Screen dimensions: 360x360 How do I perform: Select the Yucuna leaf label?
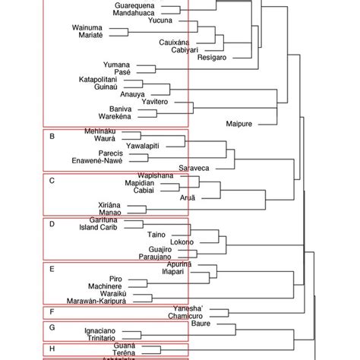(160, 21)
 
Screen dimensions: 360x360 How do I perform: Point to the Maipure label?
(242, 123)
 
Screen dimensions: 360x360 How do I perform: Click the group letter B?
(51, 137)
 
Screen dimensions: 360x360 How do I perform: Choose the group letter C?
(51, 181)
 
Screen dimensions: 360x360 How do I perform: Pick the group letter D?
(51, 225)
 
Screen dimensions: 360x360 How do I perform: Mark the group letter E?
(51, 269)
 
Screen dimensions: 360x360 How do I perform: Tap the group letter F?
(51, 311)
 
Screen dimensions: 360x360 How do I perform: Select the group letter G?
(51, 327)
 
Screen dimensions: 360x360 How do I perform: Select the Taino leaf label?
(157, 234)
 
